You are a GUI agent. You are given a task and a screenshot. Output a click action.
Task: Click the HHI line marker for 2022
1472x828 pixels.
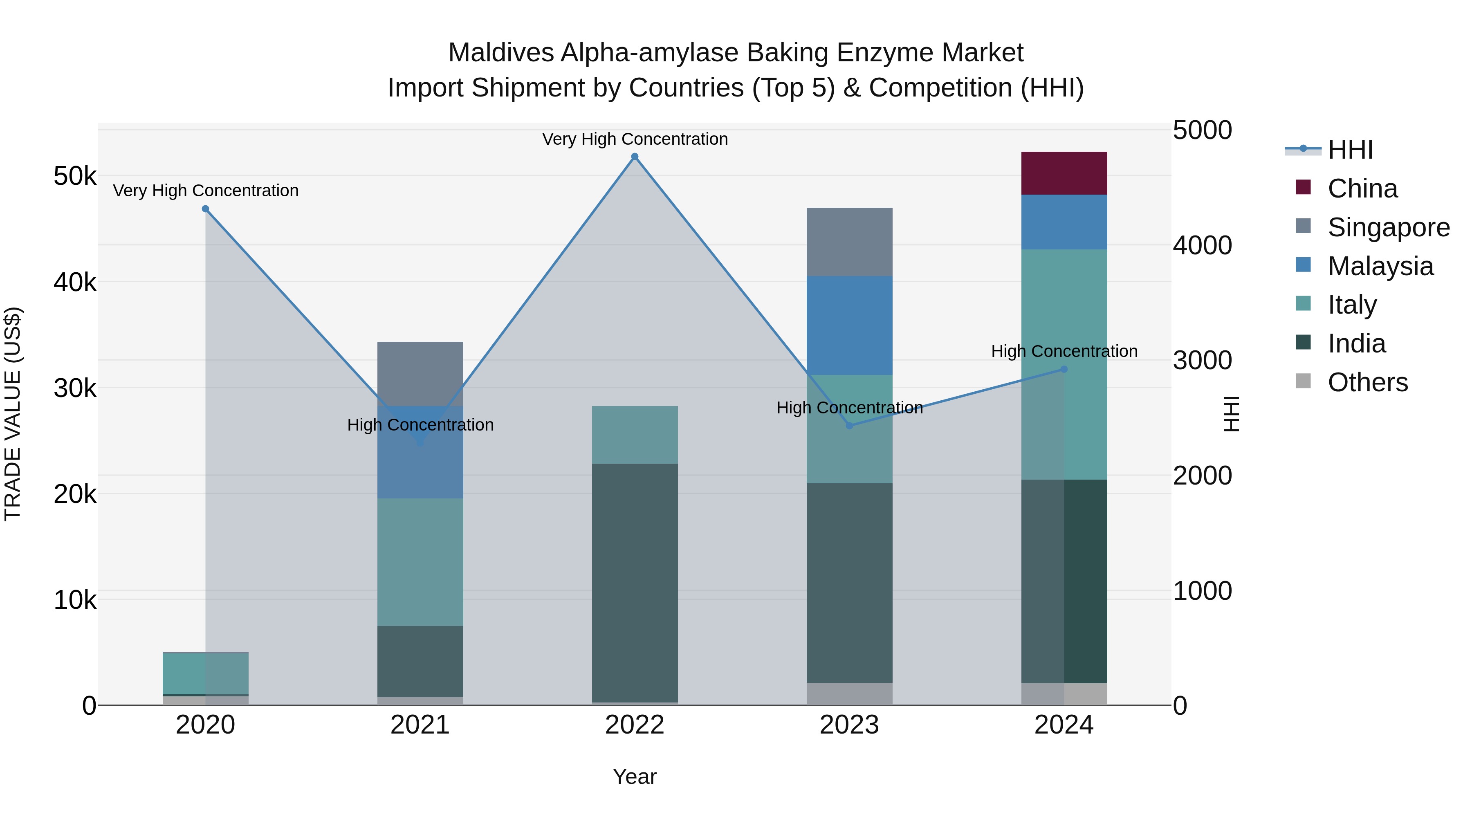click(634, 157)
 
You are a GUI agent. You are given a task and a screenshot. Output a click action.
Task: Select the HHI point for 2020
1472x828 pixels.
click(206, 209)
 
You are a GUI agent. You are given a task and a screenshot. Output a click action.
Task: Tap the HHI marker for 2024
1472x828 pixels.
click(1064, 370)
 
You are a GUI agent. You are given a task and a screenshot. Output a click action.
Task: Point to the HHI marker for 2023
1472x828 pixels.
click(849, 426)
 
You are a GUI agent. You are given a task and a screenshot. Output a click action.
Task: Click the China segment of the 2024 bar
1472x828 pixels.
click(1064, 173)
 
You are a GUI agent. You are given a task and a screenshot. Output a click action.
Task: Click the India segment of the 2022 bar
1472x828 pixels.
click(634, 582)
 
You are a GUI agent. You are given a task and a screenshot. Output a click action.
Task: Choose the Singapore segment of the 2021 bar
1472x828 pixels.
click(420, 374)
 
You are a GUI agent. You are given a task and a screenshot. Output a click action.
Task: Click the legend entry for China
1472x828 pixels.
click(1362, 188)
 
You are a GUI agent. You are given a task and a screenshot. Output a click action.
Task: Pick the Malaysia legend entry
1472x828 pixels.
click(1380, 266)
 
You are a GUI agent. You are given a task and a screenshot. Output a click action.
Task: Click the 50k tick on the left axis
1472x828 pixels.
click(75, 176)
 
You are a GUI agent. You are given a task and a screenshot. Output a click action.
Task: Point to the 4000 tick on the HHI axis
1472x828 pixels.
click(1202, 246)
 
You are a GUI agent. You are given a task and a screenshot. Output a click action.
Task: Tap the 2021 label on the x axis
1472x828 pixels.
click(420, 725)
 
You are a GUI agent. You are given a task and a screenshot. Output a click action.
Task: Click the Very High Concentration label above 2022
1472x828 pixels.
click(634, 139)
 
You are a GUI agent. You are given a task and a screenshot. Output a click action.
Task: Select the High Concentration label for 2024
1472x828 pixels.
click(1064, 351)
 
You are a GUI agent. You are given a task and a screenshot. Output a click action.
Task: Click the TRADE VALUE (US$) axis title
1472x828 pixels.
click(13, 414)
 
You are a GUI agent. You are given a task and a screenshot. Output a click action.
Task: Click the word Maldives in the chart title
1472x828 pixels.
click(500, 53)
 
